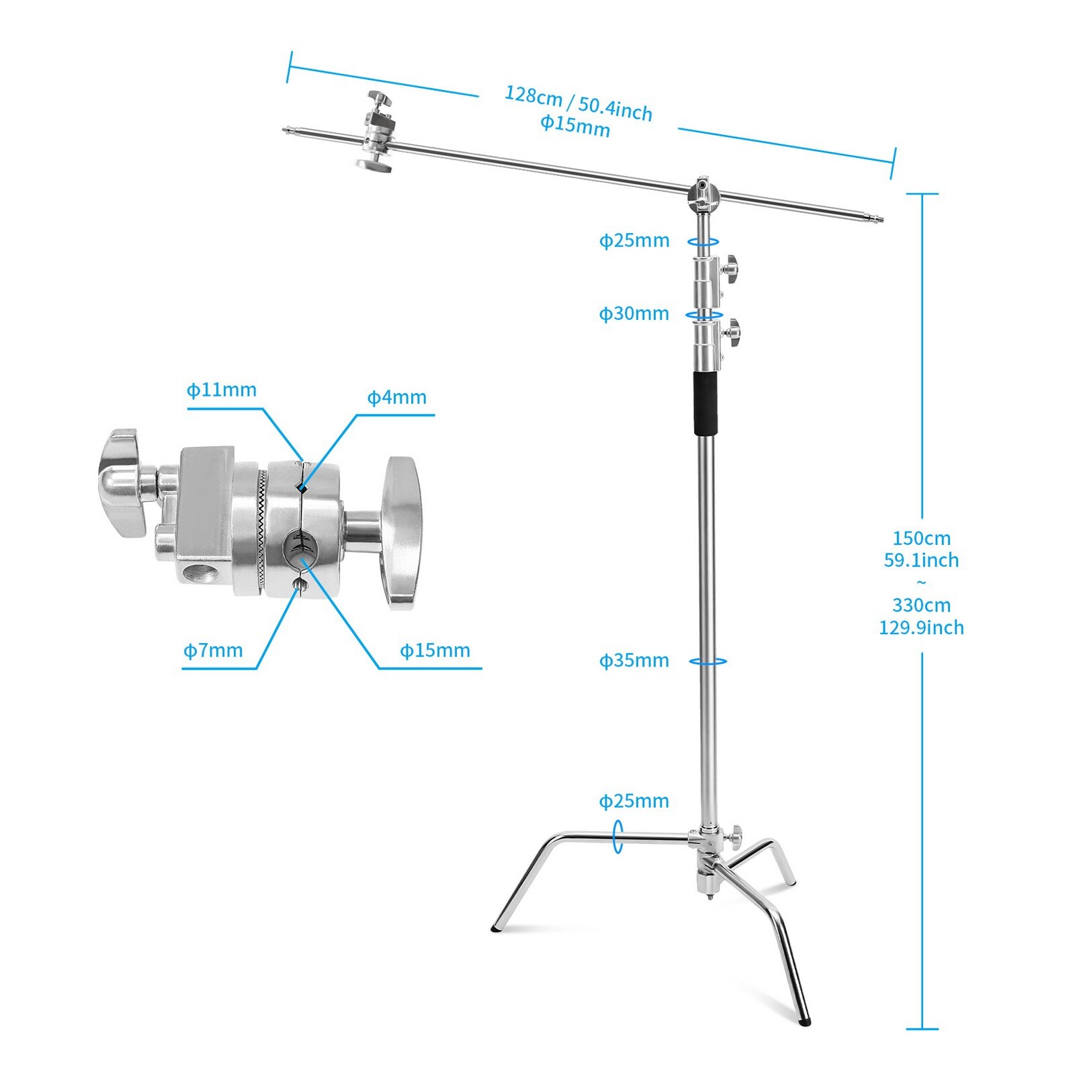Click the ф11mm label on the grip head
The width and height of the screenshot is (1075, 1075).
coord(222,390)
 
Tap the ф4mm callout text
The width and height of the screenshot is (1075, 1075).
coord(396,397)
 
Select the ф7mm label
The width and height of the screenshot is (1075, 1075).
coord(213,650)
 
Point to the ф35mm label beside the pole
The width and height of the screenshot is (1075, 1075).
coord(634,660)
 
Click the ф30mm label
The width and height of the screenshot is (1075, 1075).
coord(634,314)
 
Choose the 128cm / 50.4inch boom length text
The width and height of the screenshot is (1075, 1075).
coord(578,103)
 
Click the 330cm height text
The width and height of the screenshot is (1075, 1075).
coord(921,605)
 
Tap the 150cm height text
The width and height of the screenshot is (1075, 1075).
coord(921,538)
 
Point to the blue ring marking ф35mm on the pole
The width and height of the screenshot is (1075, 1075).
coord(707,662)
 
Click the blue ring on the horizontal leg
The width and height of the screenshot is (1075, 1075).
coord(617,836)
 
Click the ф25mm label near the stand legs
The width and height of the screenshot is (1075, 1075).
coord(634,801)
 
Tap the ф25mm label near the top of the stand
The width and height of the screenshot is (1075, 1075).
coord(634,241)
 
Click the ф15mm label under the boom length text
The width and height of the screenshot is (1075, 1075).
coord(575,126)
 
